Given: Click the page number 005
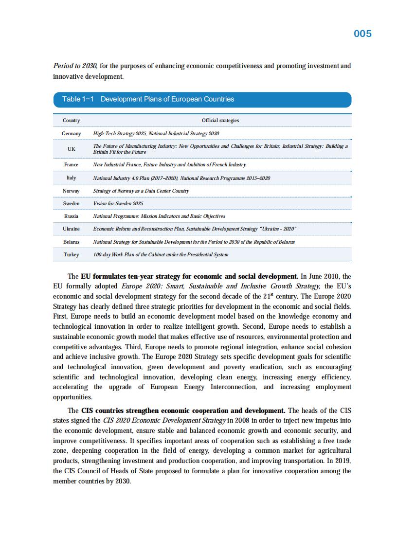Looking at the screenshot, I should tap(362, 34).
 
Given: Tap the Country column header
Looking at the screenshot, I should tap(71, 120).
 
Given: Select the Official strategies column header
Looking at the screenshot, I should tap(220, 120).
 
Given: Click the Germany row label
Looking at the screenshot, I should tap(71, 133).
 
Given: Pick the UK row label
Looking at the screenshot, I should tap(71, 149).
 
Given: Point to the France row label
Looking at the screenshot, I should tap(71, 165).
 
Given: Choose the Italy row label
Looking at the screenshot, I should tap(71, 178).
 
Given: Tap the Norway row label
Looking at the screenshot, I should tap(71, 191).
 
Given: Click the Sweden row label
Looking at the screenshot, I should tap(71, 203).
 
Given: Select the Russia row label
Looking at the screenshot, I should tap(71, 216).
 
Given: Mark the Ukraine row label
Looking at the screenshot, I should tap(71, 229).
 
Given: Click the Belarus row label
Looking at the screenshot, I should tap(71, 241).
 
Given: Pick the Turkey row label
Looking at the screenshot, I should tap(71, 254).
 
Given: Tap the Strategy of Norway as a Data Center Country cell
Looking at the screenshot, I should tap(141, 191).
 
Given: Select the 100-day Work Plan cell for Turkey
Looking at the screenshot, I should tap(161, 254).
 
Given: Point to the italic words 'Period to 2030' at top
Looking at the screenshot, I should tap(75, 66).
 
